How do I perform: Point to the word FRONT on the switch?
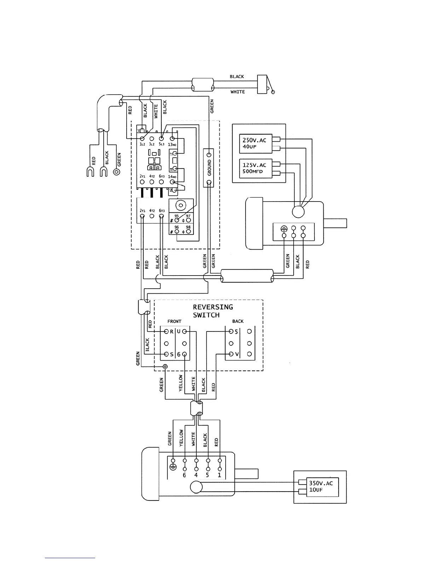(x=174, y=322)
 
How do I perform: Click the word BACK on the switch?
(x=238, y=322)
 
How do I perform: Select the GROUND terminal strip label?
(x=209, y=168)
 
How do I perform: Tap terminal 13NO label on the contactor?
(x=172, y=144)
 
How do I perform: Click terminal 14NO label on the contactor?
(x=172, y=176)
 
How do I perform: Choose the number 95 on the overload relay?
(x=177, y=216)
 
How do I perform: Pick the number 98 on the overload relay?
(x=188, y=227)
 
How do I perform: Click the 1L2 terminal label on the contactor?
(x=142, y=144)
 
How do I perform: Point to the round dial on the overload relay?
(x=181, y=205)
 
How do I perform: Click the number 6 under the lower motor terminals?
(x=184, y=475)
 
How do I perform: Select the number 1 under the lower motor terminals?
(x=219, y=475)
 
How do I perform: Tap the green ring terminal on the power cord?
(x=116, y=172)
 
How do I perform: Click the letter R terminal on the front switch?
(x=172, y=332)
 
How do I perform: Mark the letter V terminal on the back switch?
(x=237, y=354)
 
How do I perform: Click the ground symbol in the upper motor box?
(x=284, y=229)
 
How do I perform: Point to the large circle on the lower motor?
(x=196, y=487)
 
